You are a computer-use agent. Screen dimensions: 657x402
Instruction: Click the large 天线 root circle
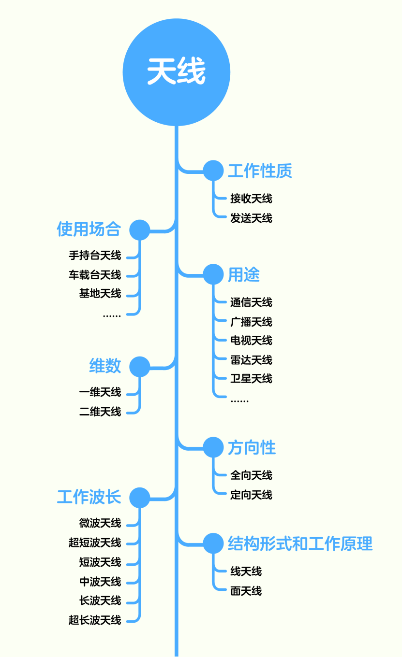177,72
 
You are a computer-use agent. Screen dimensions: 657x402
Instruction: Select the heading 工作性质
260,171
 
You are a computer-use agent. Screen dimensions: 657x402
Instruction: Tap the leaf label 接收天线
251,199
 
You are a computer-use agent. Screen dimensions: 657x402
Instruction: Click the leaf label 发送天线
251,218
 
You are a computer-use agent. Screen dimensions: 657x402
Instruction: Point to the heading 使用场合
89,229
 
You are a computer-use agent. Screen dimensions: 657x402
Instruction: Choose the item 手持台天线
95,256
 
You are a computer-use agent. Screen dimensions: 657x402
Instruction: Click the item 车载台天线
95,275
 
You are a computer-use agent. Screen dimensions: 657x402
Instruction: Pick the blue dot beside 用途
213,274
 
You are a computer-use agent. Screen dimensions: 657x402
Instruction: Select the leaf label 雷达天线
251,360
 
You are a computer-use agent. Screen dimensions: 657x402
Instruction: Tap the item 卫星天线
251,379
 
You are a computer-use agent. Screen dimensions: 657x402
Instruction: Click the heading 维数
105,366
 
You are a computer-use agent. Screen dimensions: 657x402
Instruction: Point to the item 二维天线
100,412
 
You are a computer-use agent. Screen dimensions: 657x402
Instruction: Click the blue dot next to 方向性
213,447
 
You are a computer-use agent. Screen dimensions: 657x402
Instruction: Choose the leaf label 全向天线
251,475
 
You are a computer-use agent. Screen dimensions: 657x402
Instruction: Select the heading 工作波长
89,497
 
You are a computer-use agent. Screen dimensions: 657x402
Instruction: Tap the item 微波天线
100,523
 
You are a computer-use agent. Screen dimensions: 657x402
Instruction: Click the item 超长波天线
95,620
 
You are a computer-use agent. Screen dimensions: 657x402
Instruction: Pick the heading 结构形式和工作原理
300,544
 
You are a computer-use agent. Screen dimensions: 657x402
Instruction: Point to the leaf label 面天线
246,591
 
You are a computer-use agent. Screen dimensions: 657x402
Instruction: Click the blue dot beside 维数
140,367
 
